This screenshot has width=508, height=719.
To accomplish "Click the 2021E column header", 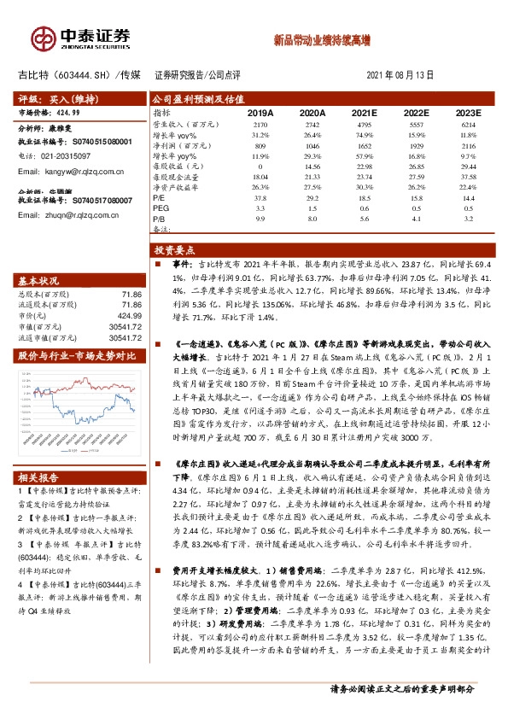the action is [x=364, y=112].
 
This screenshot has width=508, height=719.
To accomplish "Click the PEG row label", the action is [x=161, y=208].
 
